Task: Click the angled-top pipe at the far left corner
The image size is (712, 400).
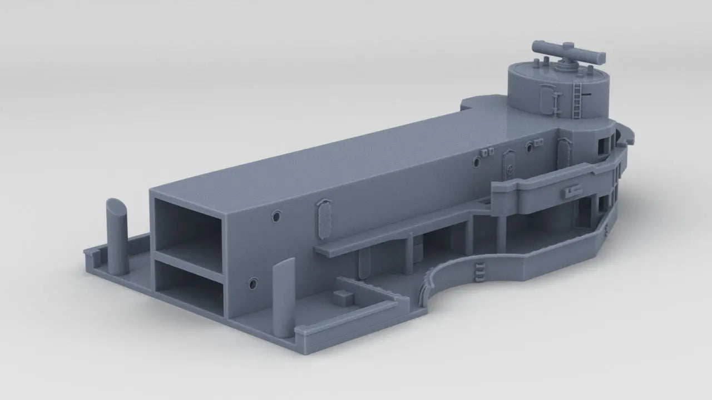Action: [117, 236]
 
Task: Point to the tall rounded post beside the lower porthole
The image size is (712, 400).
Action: [283, 298]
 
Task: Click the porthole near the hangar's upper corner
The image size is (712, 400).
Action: [276, 216]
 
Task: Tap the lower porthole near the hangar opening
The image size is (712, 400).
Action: [253, 284]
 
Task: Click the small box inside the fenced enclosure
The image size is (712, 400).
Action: [343, 296]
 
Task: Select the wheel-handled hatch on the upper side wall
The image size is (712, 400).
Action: [507, 163]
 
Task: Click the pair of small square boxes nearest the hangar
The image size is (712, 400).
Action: [488, 152]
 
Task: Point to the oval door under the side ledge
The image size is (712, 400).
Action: [364, 263]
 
